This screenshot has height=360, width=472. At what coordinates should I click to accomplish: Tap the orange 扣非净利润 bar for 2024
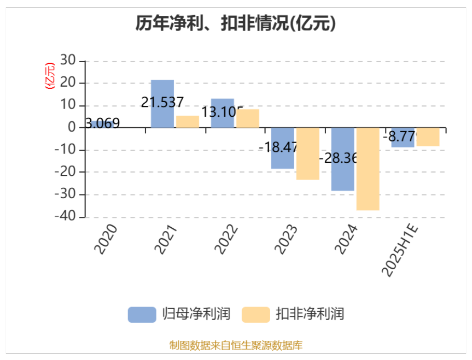368,169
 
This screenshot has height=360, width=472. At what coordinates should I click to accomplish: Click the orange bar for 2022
247,118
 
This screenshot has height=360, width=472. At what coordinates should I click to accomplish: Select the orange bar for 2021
187,121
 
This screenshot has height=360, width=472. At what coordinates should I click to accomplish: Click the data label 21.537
162,103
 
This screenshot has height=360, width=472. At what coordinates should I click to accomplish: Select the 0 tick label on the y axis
72,128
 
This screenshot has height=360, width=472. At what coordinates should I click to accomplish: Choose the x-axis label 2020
106,240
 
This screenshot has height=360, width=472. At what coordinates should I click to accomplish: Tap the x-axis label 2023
286,240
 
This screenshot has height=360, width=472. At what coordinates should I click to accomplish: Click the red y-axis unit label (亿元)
50,76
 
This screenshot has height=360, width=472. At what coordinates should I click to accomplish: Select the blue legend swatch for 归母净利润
142,314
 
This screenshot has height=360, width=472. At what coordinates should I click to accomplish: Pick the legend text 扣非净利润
310,314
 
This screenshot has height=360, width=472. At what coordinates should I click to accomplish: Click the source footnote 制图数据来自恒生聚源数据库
236,345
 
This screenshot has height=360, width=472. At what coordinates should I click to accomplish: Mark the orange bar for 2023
308,154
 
